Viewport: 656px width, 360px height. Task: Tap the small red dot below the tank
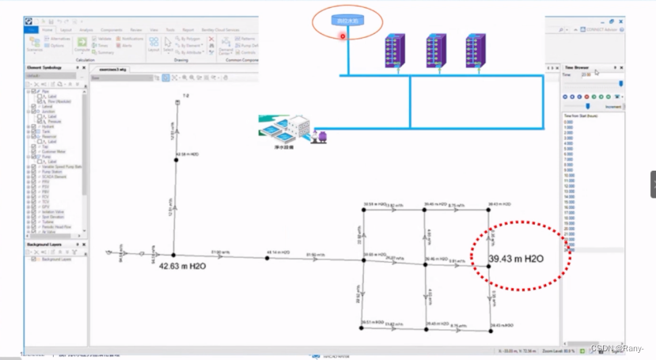[x=343, y=36]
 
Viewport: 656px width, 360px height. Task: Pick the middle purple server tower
[x=437, y=52]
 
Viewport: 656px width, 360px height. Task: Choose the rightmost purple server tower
[x=476, y=52]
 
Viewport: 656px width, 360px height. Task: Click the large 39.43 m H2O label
[x=516, y=260]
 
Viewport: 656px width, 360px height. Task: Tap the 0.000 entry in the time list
[x=568, y=121]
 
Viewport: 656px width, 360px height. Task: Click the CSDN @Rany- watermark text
[x=617, y=348]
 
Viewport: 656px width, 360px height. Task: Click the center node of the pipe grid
[x=426, y=265]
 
